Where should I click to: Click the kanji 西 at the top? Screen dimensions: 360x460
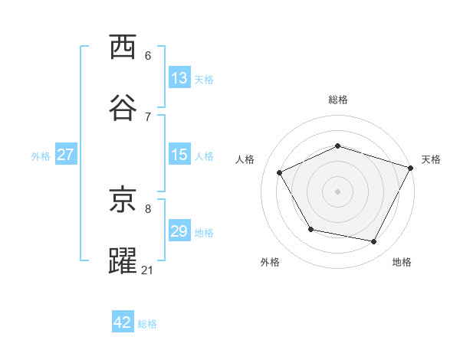123,47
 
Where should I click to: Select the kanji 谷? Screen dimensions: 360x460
123,108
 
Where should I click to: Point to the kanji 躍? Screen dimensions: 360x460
123,260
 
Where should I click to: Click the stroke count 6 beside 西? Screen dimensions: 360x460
148,56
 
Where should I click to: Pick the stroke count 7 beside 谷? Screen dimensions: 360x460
148,116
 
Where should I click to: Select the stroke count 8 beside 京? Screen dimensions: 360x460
148,208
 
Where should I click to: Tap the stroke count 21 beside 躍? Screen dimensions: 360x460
148,270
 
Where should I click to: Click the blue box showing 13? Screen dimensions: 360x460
179,78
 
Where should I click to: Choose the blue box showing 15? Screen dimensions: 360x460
179,155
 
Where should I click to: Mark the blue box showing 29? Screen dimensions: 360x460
179,231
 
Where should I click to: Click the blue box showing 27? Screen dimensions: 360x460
65,155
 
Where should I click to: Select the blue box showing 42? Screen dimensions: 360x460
123,322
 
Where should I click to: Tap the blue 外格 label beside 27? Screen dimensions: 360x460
41,155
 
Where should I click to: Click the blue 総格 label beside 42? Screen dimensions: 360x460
147,323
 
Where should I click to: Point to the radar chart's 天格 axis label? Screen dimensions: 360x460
431,159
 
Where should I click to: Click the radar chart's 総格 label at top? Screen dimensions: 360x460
338,100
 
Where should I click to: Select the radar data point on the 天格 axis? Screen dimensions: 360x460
411,167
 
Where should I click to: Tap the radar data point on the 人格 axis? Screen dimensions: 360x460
279,172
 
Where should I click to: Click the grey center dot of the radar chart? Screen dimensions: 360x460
338,191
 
